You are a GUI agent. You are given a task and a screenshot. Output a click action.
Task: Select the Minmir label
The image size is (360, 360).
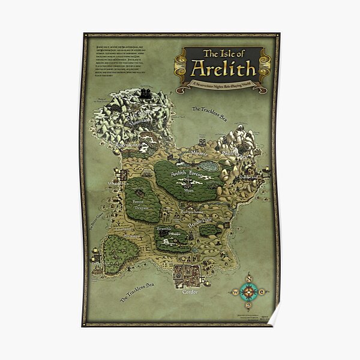(185, 154)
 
